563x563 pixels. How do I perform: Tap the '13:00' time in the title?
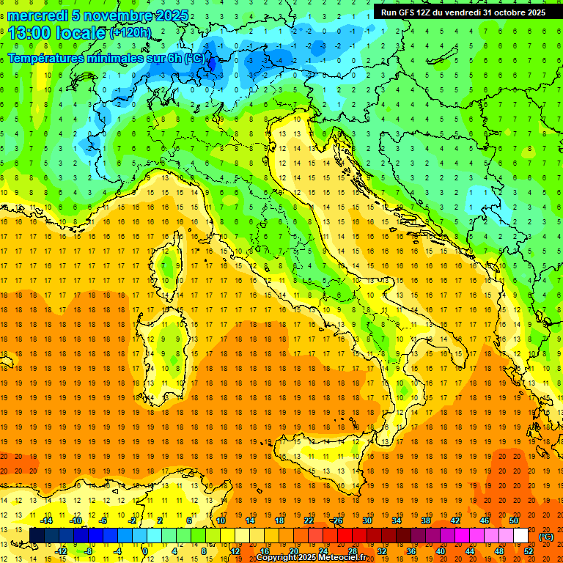click(30, 32)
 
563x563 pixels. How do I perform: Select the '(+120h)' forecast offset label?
click(130, 32)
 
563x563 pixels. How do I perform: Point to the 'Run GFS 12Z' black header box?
click(462, 12)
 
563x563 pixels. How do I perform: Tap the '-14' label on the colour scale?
click(46, 520)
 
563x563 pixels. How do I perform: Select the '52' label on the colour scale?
click(529, 551)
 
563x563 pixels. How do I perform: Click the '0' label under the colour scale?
click(144, 551)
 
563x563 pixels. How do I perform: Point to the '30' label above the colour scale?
click(367, 520)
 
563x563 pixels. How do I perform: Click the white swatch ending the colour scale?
click(521, 535)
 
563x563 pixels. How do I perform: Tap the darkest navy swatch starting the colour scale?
click(37, 535)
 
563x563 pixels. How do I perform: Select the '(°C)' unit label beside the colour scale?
click(546, 537)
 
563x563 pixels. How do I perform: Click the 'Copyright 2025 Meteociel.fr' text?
click(311, 558)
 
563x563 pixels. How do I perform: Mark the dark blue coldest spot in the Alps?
click(212, 65)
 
